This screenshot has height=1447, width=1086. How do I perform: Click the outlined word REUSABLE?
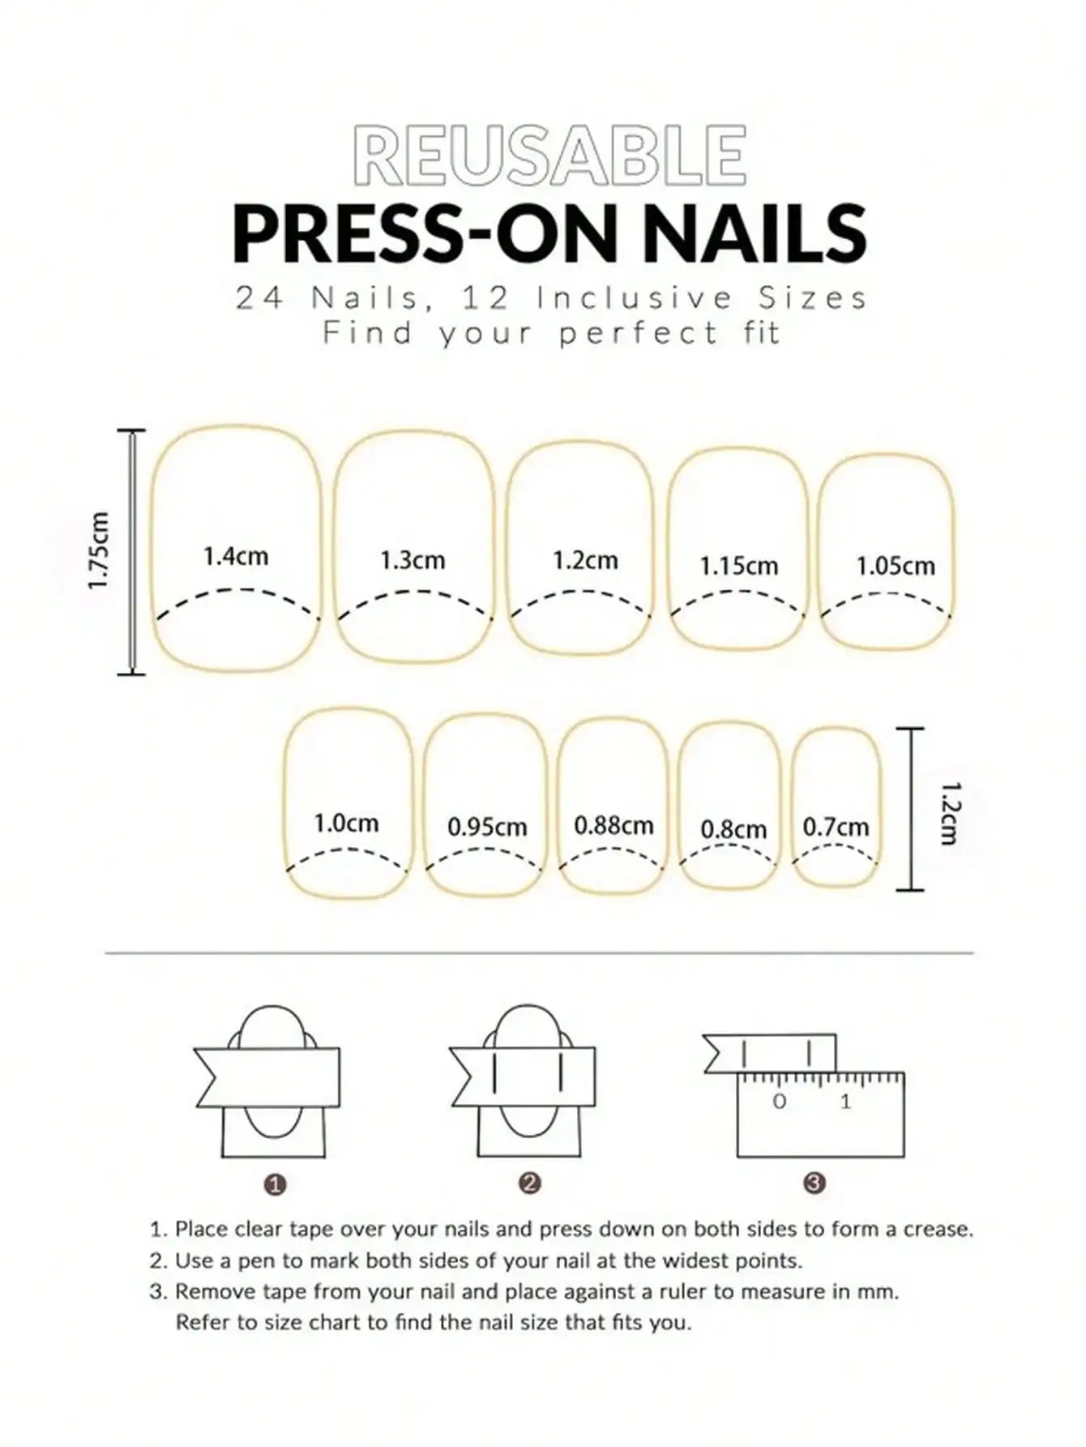pyautogui.click(x=550, y=155)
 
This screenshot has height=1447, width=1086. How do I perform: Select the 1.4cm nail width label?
pyautogui.click(x=235, y=557)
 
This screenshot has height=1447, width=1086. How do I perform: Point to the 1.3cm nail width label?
pyautogui.click(x=413, y=560)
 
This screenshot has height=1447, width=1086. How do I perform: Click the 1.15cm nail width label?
pyautogui.click(x=738, y=566)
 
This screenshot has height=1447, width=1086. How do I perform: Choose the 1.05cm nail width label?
pyautogui.click(x=895, y=566)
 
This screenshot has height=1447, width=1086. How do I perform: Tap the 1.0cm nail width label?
pyautogui.click(x=346, y=824)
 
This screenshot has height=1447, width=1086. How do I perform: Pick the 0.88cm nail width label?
pyautogui.click(x=614, y=825)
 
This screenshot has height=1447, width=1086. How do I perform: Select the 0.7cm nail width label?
pyautogui.click(x=836, y=827)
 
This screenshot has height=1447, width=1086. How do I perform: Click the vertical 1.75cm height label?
pyautogui.click(x=99, y=551)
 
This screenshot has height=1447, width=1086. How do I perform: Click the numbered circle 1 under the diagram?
pyautogui.click(x=276, y=1184)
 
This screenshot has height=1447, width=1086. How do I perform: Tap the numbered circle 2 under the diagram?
pyautogui.click(x=529, y=1183)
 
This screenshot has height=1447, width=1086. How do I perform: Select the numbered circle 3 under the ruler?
pyautogui.click(x=814, y=1183)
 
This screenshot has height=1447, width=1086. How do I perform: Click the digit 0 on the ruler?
pyautogui.click(x=780, y=1101)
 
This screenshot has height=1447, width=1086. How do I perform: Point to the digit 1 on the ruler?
pyautogui.click(x=845, y=1101)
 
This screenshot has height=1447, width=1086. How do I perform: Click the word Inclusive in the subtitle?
pyautogui.click(x=635, y=298)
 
